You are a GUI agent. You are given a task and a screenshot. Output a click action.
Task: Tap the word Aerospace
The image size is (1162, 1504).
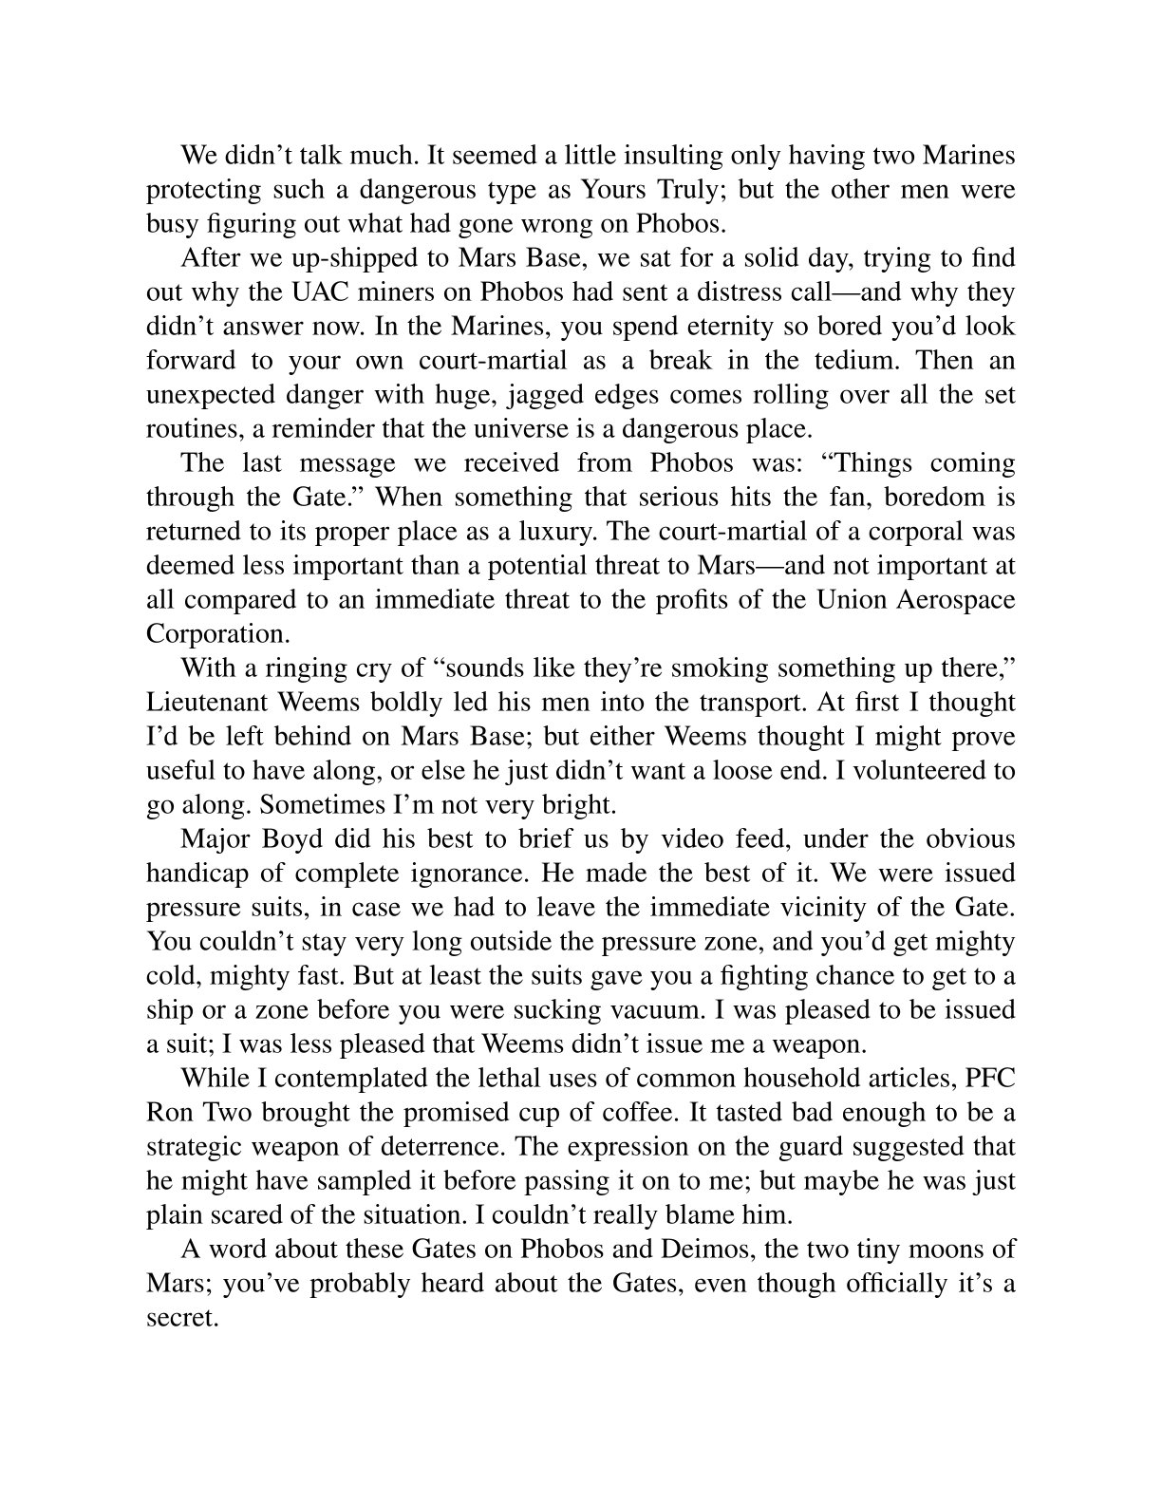tap(952, 599)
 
